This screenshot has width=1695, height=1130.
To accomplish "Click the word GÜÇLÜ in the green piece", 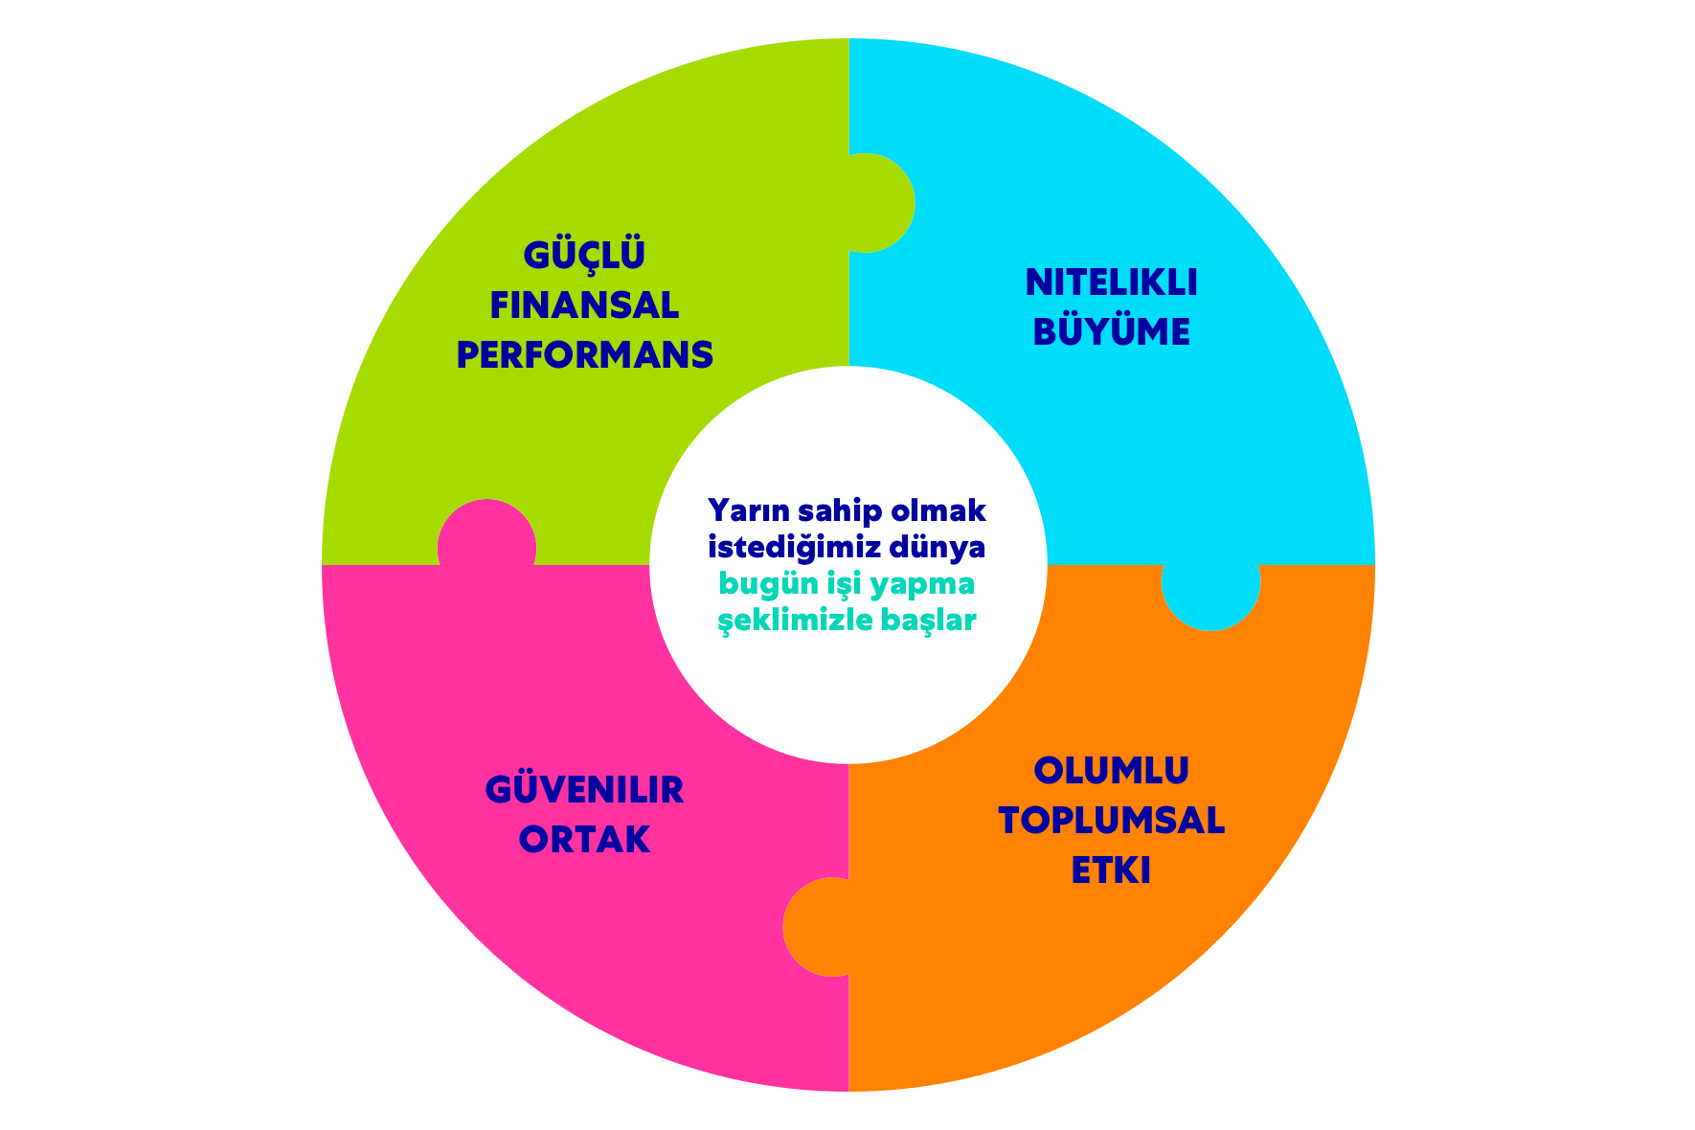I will [x=584, y=256].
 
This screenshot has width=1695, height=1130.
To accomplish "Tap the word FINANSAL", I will [x=584, y=305].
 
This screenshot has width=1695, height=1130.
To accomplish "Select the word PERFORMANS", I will [x=584, y=355].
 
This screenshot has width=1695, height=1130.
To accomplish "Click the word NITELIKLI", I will [x=1111, y=282].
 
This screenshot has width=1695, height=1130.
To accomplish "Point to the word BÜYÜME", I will [x=1111, y=332].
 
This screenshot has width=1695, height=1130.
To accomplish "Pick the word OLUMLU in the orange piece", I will [x=1111, y=771].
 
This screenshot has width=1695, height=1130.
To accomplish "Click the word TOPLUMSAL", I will [x=1111, y=821].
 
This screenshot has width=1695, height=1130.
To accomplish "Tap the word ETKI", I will [x=1111, y=870].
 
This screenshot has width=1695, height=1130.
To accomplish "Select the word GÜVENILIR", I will [x=584, y=790].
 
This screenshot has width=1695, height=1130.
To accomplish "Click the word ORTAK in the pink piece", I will [x=584, y=840].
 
